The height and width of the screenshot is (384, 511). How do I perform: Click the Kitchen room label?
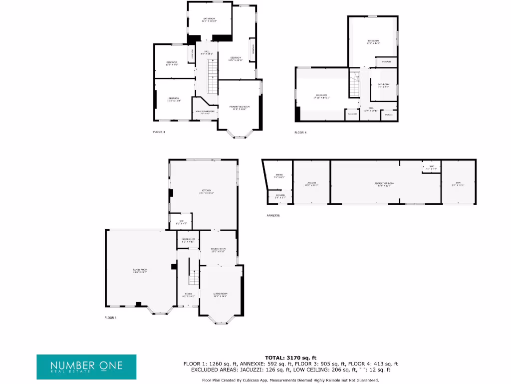206,190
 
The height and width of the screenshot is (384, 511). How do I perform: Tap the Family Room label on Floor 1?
140,270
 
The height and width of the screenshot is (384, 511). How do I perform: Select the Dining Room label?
218,249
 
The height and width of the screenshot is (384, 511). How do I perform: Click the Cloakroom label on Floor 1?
188,239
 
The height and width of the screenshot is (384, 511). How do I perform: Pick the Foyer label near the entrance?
188,294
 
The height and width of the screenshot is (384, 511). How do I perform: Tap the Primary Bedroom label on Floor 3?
239,107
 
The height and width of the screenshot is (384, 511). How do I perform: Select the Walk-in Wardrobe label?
205,112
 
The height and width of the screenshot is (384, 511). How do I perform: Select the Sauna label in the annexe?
279,176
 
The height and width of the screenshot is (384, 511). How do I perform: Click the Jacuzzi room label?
311,183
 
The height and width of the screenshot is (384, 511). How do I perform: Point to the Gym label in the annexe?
458,183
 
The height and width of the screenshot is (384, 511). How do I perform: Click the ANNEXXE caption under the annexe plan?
273,215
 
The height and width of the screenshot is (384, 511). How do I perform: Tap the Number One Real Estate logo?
86,366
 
